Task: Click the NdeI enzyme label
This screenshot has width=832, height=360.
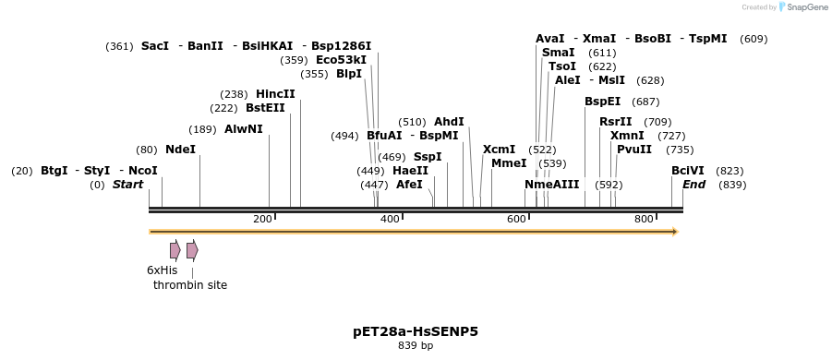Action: (x=180, y=150)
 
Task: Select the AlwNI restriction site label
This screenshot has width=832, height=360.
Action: (x=243, y=129)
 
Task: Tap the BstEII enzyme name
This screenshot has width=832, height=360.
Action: (x=265, y=108)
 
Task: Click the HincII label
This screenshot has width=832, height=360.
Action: (x=275, y=94)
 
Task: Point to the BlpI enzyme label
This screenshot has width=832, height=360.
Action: (x=349, y=74)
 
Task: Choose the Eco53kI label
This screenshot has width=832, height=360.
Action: (x=341, y=60)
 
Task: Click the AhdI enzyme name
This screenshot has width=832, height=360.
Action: (x=449, y=122)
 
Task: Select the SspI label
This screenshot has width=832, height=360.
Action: (x=428, y=157)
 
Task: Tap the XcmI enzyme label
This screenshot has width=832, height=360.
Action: (x=499, y=150)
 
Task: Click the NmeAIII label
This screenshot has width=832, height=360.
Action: (x=551, y=185)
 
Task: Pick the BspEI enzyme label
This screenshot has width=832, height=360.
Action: (x=602, y=102)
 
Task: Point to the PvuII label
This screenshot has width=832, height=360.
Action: (x=634, y=150)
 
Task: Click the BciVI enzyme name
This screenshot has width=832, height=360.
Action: (x=688, y=171)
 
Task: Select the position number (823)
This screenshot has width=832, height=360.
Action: (x=730, y=171)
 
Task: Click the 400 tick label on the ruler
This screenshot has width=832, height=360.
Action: (x=390, y=219)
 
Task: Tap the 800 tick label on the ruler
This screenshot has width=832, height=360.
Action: (x=644, y=219)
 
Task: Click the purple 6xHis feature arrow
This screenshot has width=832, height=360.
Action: (x=175, y=250)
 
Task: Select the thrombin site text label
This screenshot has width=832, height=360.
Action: (x=190, y=285)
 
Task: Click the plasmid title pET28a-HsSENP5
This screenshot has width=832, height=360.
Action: (x=416, y=331)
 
